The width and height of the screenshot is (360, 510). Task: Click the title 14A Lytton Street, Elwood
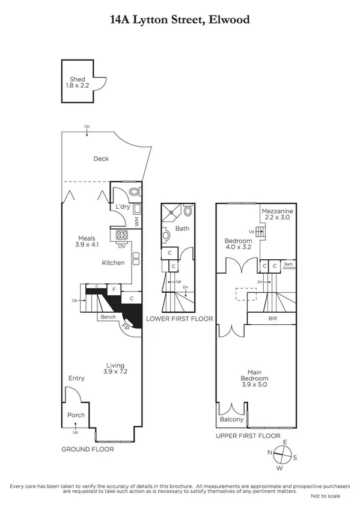tap(180, 20)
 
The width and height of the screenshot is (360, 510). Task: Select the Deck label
tap(100, 159)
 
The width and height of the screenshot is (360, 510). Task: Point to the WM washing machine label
tap(137, 222)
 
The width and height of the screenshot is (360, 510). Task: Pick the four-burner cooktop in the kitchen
tap(122, 235)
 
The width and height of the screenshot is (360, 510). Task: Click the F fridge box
tap(114, 290)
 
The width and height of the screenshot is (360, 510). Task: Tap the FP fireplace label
tap(126, 327)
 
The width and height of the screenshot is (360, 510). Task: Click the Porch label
tap(76, 415)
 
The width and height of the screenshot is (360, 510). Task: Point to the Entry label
tap(76, 378)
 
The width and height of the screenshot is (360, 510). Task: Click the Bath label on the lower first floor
tap(182, 229)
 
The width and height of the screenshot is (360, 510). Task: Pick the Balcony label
tap(232, 419)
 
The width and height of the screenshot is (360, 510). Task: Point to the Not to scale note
tap(325, 496)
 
